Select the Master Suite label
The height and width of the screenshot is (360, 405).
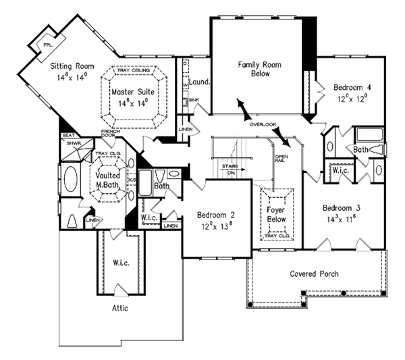coord(132,92)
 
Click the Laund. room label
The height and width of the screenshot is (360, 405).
coord(200,82)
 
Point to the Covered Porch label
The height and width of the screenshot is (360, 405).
coord(314,274)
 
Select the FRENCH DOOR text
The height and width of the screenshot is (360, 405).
coord(110,134)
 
